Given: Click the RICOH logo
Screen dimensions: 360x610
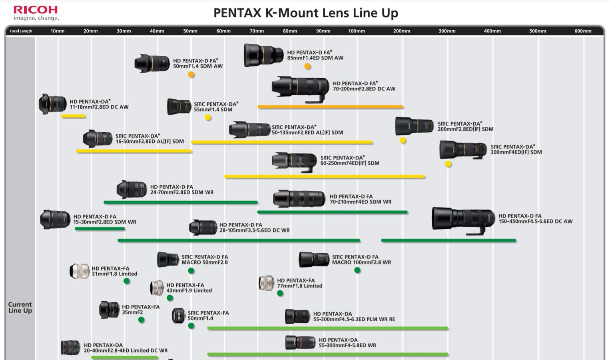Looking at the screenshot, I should (x=36, y=10).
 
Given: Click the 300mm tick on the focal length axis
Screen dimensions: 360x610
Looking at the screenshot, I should (x=447, y=31).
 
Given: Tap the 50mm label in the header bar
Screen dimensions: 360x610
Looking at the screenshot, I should (x=190, y=31).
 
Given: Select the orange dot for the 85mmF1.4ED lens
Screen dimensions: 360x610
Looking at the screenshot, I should (x=307, y=66).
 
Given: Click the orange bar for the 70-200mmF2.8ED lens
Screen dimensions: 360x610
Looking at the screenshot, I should (x=330, y=107).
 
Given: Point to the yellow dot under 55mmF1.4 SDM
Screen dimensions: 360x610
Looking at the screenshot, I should (x=208, y=118).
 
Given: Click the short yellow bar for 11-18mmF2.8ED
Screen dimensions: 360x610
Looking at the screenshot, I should (x=73, y=116).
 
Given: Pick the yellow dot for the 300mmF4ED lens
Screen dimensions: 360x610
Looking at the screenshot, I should (x=448, y=164).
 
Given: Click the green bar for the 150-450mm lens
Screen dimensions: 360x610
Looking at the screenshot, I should (x=449, y=241).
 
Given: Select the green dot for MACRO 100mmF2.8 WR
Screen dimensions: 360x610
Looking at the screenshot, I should (x=357, y=270).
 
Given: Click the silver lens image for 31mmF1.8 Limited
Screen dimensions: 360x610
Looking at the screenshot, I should (x=79, y=271).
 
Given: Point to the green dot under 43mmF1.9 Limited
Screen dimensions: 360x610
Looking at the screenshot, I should (x=170, y=298).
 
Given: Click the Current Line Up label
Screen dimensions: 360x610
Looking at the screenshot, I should (x=20, y=307).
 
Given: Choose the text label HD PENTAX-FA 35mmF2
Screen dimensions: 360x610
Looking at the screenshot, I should (x=140, y=310).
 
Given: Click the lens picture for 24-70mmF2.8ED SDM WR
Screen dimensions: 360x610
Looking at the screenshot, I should (x=132, y=190).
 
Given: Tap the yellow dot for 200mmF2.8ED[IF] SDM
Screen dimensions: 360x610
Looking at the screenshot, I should (x=403, y=140).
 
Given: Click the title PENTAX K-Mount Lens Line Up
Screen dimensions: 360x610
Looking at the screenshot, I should (x=305, y=13).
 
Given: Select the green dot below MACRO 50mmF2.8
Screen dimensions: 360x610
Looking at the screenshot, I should (x=191, y=271).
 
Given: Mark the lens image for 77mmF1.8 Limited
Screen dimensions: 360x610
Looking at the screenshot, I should (x=266, y=283).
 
